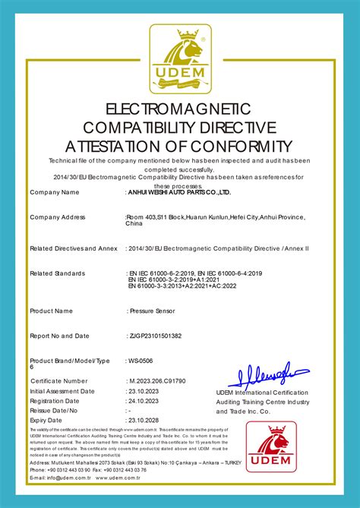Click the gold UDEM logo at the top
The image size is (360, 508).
click(x=180, y=58)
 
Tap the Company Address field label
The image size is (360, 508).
click(x=58, y=217)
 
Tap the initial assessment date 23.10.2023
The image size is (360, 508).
click(x=144, y=390)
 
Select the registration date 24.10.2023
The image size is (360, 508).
click(x=144, y=400)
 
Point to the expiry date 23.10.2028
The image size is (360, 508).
click(x=144, y=419)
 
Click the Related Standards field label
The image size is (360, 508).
click(x=58, y=273)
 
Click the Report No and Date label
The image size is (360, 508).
click(x=60, y=335)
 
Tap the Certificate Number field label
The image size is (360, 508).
click(x=59, y=380)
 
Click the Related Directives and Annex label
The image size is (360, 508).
click(x=74, y=248)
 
